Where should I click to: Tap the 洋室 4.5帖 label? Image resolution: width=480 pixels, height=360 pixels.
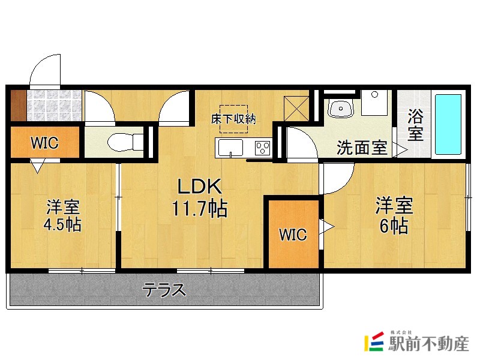click(63, 216)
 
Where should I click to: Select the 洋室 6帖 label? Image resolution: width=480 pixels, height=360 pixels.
click(394, 215)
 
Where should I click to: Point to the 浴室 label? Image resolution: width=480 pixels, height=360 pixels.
click(415, 125)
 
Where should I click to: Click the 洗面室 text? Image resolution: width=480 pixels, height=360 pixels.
click(361, 148)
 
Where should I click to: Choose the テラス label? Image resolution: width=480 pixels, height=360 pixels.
click(163, 290)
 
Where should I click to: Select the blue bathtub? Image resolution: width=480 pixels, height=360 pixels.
click(448, 123)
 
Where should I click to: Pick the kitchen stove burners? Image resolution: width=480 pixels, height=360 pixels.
click(263, 146)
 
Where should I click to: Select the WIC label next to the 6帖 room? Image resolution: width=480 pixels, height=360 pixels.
click(293, 235)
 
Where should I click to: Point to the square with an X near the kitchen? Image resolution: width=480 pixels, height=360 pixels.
click(296, 107)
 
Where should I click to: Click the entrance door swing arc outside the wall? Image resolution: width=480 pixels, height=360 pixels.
click(46, 69)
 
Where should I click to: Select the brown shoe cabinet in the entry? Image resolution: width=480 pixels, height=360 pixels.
click(17, 105)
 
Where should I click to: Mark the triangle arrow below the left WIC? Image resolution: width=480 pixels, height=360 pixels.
click(37, 166)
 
